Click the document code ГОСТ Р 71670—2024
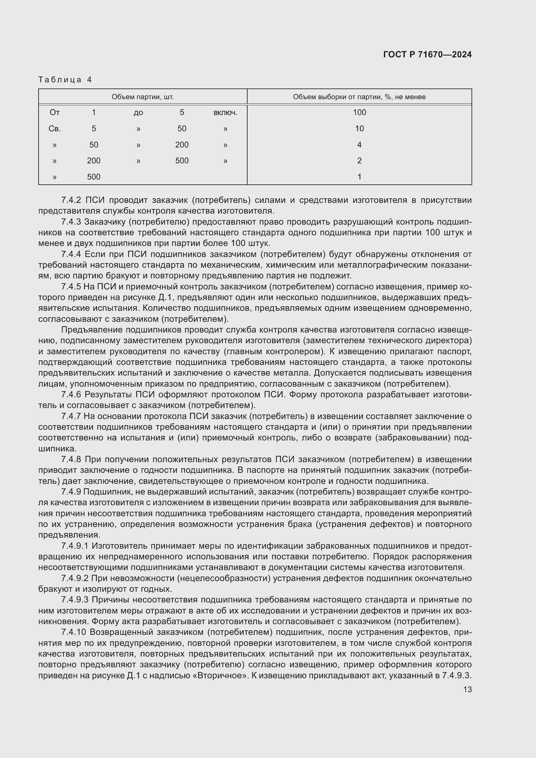(427, 54)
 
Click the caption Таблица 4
(65, 80)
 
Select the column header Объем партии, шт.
(143, 97)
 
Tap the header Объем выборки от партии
(359, 97)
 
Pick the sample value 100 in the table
(359, 112)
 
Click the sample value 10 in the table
(359, 129)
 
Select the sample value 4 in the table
(359, 145)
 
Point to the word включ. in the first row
(225, 112)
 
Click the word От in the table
(54, 112)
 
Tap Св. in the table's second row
(54, 129)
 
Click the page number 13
(467, 690)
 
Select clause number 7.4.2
(71, 200)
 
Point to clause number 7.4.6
(71, 394)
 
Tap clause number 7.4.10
(73, 632)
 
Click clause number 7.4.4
(71, 254)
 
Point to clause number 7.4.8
(71, 459)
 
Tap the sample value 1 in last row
(359, 177)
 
